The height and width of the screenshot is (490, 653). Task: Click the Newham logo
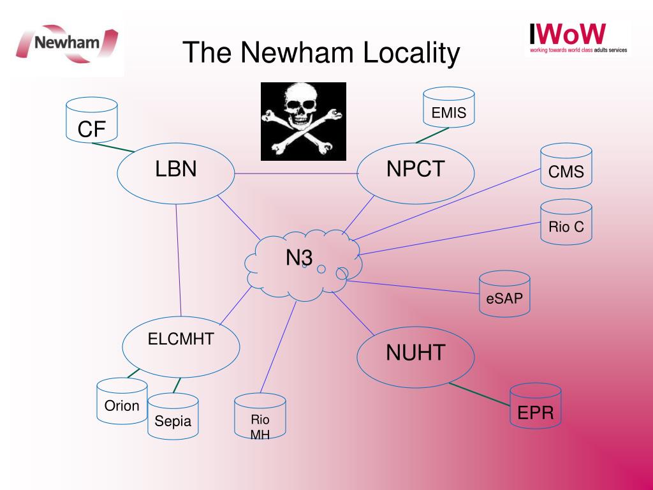[x=67, y=43]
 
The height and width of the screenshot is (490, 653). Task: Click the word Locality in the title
[x=411, y=53]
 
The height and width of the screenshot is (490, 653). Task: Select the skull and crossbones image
[x=304, y=121]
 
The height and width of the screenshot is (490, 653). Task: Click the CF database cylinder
[x=92, y=120]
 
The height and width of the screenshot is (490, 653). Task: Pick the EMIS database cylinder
[x=448, y=107]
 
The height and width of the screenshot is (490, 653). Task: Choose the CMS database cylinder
[x=566, y=167]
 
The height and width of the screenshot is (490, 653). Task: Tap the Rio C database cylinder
[x=566, y=222]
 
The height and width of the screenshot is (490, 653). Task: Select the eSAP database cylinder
[x=504, y=293]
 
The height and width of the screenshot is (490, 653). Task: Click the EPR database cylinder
[x=536, y=406]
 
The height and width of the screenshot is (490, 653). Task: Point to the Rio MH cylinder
[x=260, y=416]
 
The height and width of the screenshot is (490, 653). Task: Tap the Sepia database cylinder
[x=173, y=416]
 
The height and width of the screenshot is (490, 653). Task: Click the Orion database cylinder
[x=122, y=401]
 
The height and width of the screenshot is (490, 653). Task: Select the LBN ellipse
[x=176, y=174]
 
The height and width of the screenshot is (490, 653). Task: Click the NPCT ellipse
[x=416, y=174]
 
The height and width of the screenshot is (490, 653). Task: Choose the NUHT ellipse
[x=416, y=357]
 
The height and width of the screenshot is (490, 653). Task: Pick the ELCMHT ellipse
[x=180, y=346]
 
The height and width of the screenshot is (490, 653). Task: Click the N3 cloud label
[x=299, y=258]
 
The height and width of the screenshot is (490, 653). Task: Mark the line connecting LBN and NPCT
[x=296, y=174]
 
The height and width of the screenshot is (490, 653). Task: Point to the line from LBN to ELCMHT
[x=179, y=260]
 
